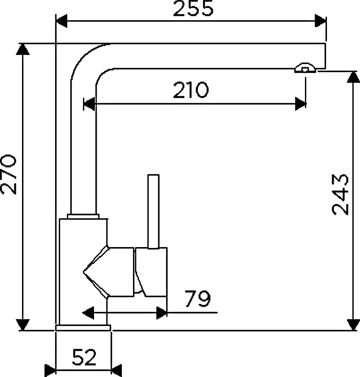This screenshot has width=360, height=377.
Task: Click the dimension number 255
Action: [x=193, y=8]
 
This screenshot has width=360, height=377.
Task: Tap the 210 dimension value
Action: [x=191, y=90]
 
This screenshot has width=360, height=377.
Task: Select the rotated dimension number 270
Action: [x=8, y=174]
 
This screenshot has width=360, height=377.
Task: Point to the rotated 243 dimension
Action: [x=340, y=195]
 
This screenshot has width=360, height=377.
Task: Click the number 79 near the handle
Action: [x=198, y=299]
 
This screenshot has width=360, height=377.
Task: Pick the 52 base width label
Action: [x=84, y=358]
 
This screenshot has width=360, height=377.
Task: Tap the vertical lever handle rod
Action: [x=153, y=211]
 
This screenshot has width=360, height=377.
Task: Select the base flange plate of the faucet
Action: [x=83, y=328]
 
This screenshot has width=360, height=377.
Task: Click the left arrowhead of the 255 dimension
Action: [x=61, y=21]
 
